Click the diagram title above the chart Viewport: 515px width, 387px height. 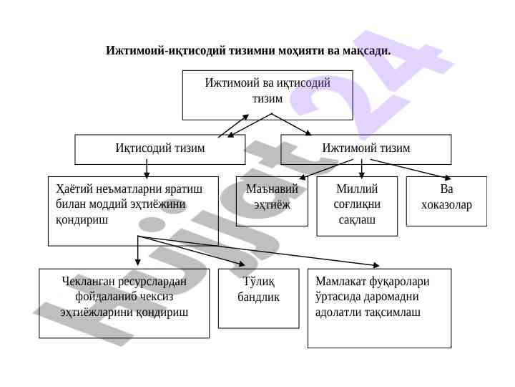click(247, 51)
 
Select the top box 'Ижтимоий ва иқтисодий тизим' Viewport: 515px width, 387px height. click(268, 94)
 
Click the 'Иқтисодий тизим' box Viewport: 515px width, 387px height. click(160, 149)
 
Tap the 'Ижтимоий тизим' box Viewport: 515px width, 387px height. click(366, 149)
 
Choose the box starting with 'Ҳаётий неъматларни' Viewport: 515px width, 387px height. click(133, 211)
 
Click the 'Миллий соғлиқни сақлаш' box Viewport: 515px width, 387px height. click(356, 206)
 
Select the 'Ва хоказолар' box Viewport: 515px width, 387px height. click(446, 201)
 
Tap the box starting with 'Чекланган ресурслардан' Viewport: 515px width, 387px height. click(124, 302)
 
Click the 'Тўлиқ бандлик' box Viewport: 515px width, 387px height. click(258, 298)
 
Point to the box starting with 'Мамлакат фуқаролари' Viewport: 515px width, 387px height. click(379, 307)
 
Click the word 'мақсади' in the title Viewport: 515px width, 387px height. click(366, 51)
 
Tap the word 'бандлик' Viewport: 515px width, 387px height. click(258, 297)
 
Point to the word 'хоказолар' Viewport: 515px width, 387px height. click(446, 206)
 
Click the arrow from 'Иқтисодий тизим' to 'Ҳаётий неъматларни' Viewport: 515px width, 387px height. click(147, 169)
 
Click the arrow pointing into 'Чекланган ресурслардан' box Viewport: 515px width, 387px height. click(138, 251)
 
